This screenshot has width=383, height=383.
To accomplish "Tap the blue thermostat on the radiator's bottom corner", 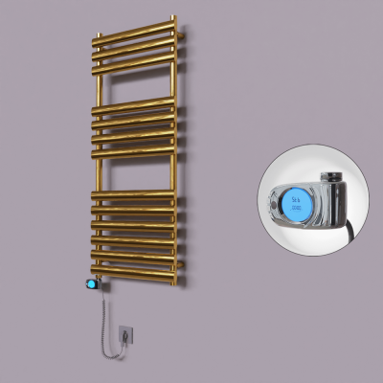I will [91, 284].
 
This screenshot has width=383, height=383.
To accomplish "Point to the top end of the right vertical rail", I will [173, 20].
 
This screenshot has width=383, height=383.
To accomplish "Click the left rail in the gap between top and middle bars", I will [98, 84].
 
